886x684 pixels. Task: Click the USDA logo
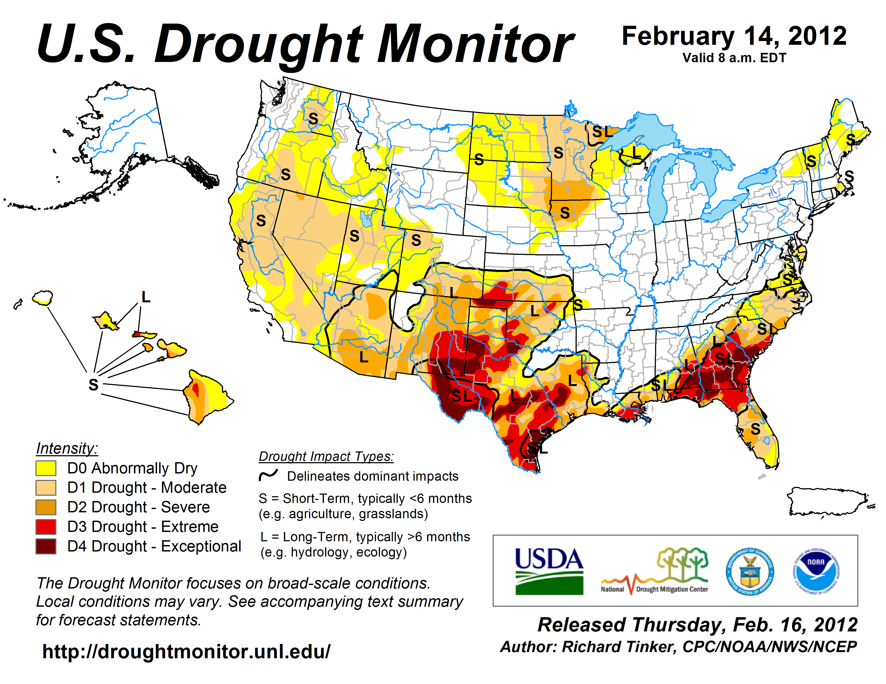549,571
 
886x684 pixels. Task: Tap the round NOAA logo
816,571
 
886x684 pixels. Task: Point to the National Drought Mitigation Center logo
654,571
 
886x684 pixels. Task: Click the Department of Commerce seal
750,571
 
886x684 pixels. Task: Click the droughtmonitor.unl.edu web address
186,652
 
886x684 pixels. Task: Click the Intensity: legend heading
67,448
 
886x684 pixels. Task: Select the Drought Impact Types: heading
326,456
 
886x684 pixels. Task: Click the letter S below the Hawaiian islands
93,384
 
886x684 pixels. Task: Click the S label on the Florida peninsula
755,429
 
